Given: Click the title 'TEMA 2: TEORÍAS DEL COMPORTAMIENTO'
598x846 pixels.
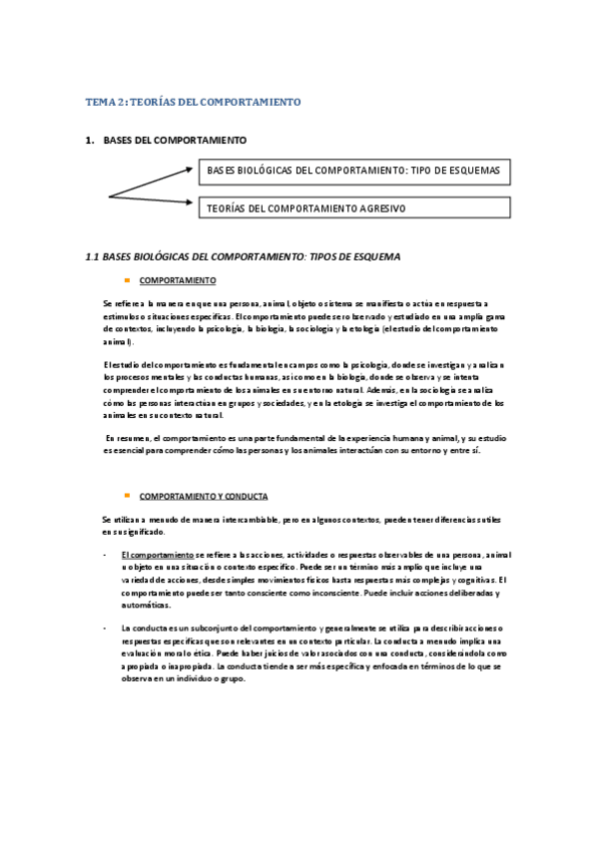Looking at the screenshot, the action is (x=193, y=103).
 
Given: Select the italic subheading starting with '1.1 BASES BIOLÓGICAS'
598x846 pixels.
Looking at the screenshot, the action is (x=244, y=256).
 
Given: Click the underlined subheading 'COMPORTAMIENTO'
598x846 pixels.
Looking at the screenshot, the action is (x=177, y=280).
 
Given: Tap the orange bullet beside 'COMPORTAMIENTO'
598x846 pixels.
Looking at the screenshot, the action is (x=128, y=280).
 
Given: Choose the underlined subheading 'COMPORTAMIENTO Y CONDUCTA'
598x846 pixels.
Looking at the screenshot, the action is (x=204, y=496).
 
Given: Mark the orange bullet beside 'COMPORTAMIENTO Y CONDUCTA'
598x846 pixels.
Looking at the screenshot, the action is (x=128, y=496).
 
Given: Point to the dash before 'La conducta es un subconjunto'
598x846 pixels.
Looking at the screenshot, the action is (x=105, y=628).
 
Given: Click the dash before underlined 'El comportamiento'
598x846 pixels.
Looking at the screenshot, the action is (x=105, y=554).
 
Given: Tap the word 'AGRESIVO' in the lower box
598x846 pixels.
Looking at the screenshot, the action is (x=383, y=208).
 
